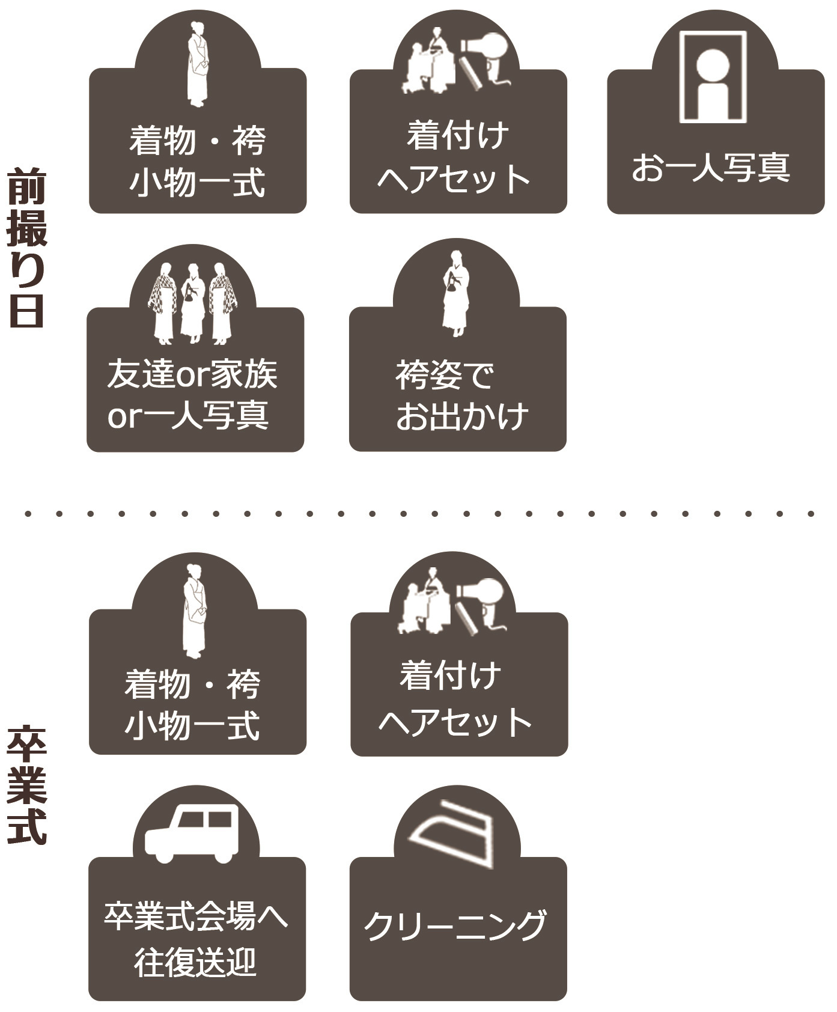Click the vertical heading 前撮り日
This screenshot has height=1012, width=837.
click(x=26, y=248)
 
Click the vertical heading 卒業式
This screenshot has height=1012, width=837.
click(x=26, y=785)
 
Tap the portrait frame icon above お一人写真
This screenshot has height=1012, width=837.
click(x=713, y=78)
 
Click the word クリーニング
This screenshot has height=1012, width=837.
click(x=455, y=925)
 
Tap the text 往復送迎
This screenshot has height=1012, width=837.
click(x=195, y=962)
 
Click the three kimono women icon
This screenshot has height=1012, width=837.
click(x=193, y=303)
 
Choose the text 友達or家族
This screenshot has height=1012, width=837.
click(x=192, y=374)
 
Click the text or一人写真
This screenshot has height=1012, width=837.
click(x=187, y=416)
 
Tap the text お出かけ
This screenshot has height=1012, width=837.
click(x=461, y=416)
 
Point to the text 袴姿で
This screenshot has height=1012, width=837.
click(x=445, y=375)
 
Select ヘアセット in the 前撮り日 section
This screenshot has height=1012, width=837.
click(x=454, y=178)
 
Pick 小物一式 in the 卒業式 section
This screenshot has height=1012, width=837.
click(x=192, y=725)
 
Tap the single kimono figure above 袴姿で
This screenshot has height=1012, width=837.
click(x=455, y=293)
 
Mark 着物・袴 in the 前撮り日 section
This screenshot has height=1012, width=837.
click(x=197, y=141)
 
